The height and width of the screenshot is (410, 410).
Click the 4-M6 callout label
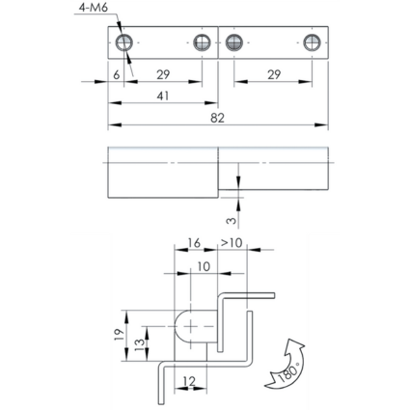click(x=94, y=8)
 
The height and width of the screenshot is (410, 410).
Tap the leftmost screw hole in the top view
click(x=124, y=42)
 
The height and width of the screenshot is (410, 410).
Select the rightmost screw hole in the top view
click(x=312, y=42)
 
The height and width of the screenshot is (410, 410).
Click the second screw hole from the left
click(x=202, y=42)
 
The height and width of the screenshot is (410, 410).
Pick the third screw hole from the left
click(x=233, y=42)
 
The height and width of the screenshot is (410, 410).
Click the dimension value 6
click(x=117, y=74)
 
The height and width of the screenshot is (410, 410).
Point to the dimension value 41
click(x=163, y=96)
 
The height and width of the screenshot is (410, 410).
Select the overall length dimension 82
click(x=217, y=118)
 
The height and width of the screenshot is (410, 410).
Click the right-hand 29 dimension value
click(x=274, y=74)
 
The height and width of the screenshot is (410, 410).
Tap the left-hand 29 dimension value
click(x=163, y=74)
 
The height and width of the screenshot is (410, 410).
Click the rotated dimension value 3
click(x=232, y=220)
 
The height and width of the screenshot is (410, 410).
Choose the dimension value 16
click(x=194, y=243)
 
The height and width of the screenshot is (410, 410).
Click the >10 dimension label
click(x=232, y=243)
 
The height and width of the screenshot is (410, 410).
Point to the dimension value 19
click(x=119, y=335)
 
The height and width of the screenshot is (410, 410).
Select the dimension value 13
click(x=140, y=344)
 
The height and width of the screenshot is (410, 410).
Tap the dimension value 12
click(x=190, y=381)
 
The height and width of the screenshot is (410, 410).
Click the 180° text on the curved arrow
click(x=288, y=373)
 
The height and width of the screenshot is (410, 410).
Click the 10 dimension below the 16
click(x=204, y=266)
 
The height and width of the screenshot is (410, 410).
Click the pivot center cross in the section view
click(x=191, y=326)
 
